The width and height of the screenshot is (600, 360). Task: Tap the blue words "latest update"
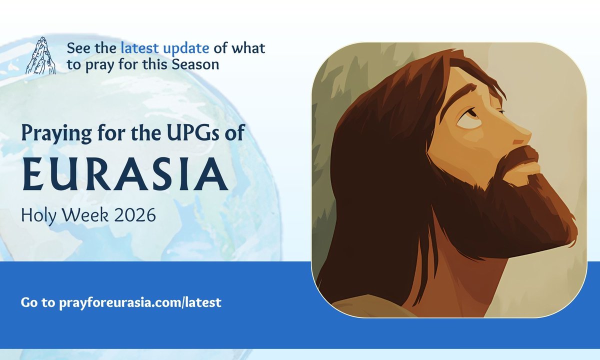point(165,48)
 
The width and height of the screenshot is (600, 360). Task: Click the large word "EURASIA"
point(124,174)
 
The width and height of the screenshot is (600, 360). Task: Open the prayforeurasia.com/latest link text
point(140,302)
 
